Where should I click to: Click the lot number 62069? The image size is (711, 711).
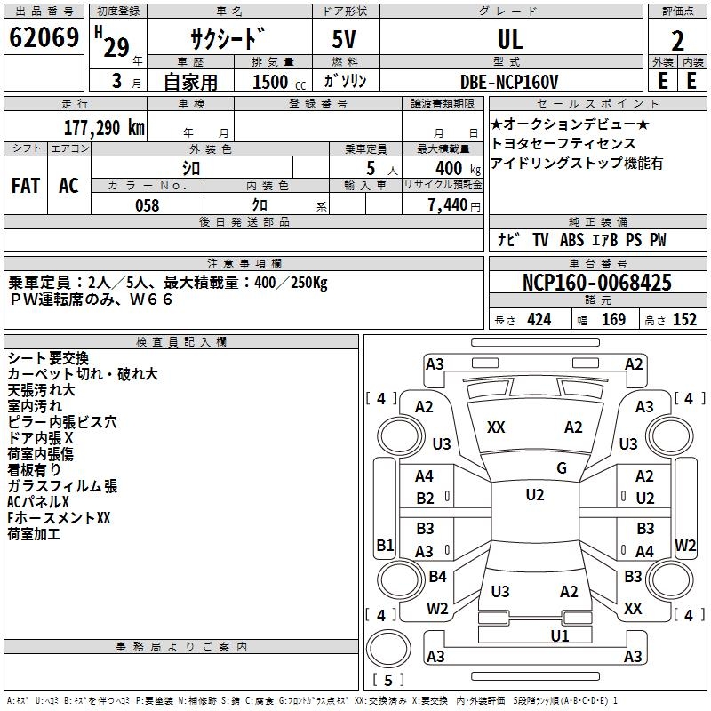coord(44,39)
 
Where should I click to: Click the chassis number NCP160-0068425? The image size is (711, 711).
coord(597,284)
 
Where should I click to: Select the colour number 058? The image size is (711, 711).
coord(147,205)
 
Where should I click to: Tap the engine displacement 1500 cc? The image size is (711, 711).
coord(270,82)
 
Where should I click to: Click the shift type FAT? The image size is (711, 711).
coord(25,186)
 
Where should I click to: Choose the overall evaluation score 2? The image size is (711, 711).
coord(677,40)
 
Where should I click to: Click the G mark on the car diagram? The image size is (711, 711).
coord(561,468)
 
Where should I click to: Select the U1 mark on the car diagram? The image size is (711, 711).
coord(559,635)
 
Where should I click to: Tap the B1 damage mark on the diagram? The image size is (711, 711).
coord(385,545)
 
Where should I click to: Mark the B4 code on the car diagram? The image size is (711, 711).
coord(437,577)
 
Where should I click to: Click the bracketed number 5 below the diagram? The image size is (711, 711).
coord(387,681)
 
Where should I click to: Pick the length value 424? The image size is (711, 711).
coord(539,320)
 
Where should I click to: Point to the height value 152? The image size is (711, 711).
coord(684,320)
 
